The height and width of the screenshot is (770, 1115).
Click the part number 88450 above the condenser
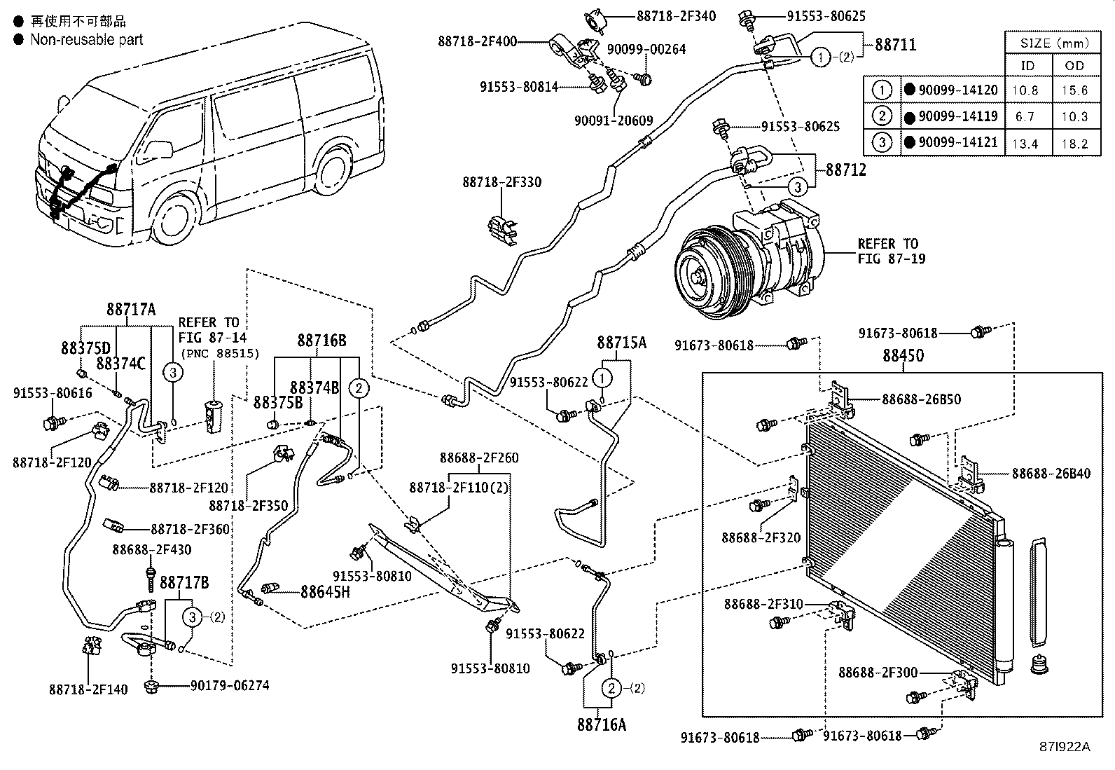click(903, 356)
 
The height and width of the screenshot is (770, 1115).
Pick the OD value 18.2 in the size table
click(1074, 143)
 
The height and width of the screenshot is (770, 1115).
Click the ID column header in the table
click(1027, 66)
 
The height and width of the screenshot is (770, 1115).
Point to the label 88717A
click(131, 309)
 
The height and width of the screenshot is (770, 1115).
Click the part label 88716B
click(321, 341)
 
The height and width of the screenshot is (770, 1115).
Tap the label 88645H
click(325, 592)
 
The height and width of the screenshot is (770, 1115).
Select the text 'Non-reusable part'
click(86, 39)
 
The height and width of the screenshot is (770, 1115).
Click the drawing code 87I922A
click(1065, 747)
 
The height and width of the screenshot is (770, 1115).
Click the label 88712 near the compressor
click(845, 170)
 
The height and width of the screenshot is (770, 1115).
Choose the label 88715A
click(622, 343)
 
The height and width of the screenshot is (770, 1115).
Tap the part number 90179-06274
click(230, 685)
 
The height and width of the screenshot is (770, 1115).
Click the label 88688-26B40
click(1051, 474)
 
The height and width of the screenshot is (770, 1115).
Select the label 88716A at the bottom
click(602, 724)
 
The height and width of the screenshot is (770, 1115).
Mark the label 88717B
click(184, 583)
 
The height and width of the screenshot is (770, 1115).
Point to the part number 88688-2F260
click(479, 458)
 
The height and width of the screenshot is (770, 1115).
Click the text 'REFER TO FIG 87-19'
click(891, 251)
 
